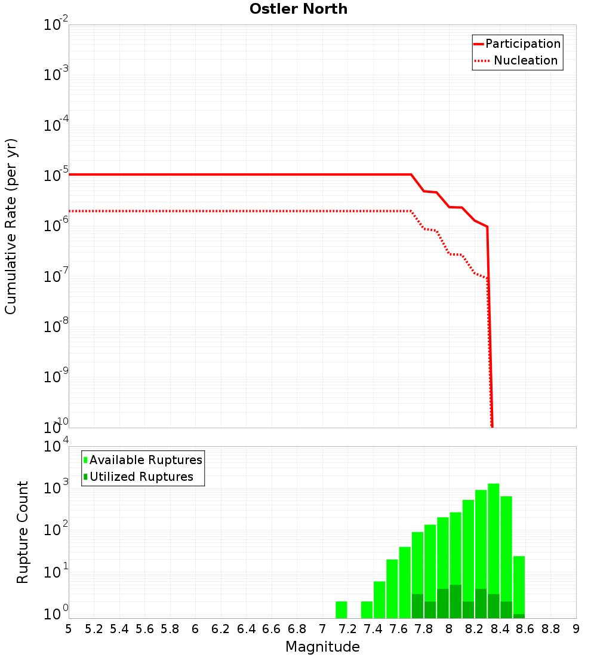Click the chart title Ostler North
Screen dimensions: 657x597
pos(298,9)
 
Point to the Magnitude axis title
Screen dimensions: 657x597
pos(322,647)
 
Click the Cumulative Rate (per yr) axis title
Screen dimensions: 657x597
pos(11,226)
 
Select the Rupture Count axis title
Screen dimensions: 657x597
pos(23,532)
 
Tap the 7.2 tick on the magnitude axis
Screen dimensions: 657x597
pos(347,629)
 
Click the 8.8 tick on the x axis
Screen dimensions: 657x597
pos(550,629)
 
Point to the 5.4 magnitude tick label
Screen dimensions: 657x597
pos(119,629)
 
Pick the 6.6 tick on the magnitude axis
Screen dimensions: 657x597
pos(272,629)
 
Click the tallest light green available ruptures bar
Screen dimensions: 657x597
pos(494,549)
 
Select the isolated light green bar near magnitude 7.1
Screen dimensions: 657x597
pos(341,609)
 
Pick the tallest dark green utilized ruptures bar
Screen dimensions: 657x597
pos(456,601)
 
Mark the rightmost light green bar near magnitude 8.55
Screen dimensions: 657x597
pos(519,585)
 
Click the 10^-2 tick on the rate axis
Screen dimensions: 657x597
pos(56,25)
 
